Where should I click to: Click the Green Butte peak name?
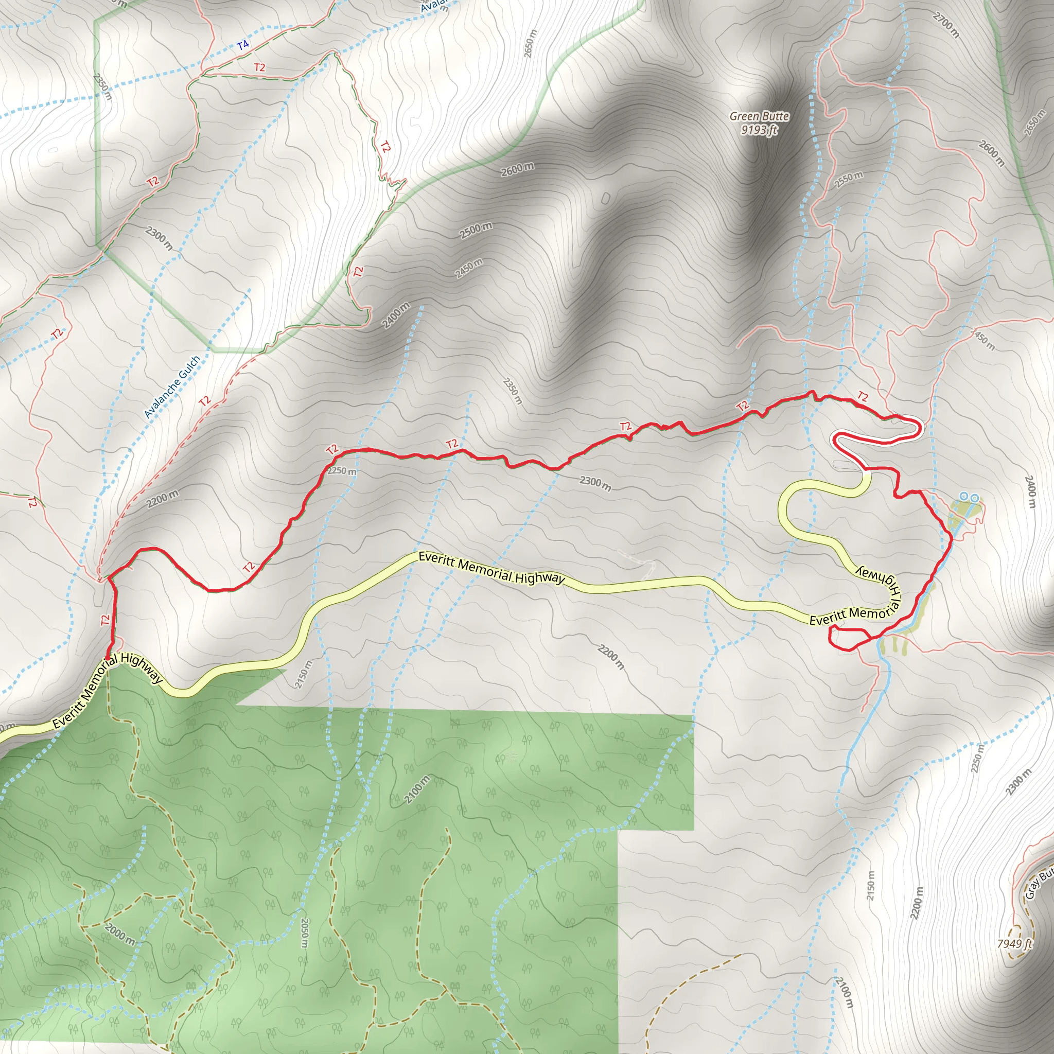[759, 116]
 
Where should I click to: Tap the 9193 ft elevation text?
[759, 130]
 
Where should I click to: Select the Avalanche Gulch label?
[172, 387]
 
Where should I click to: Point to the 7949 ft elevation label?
[1015, 944]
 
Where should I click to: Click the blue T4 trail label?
[243, 45]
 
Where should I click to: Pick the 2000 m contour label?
[119, 935]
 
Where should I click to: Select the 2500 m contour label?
[476, 231]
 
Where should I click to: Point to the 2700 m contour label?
[946, 25]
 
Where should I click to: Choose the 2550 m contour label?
[849, 180]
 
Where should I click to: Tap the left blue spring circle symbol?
[964, 497]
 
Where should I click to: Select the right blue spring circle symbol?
[974, 497]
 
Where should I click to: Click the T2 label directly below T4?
[260, 67]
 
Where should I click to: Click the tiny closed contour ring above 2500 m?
[606, 198]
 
